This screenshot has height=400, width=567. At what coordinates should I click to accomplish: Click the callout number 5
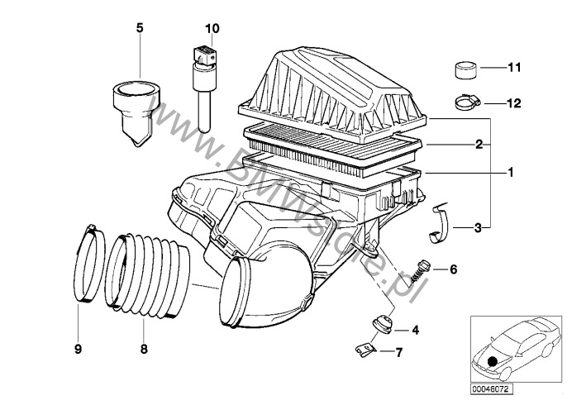click(140, 28)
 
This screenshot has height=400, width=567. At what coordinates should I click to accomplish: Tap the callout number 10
click(212, 28)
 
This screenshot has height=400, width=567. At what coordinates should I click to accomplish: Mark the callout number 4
click(415, 331)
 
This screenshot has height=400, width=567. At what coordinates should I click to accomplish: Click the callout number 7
click(398, 354)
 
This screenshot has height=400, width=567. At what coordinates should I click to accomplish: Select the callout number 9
click(79, 350)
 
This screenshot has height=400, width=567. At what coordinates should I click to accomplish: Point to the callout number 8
click(143, 350)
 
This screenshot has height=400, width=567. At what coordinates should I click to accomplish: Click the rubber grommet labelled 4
click(382, 323)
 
